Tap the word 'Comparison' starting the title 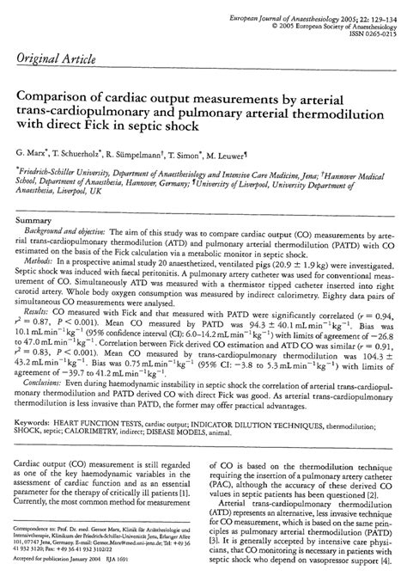click(x=55, y=96)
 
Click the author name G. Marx click(x=32, y=152)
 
